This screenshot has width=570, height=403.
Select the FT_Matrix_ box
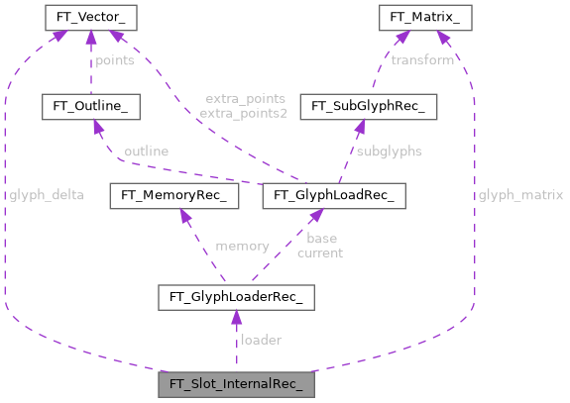coord(423,17)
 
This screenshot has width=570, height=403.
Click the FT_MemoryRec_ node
coord(175,195)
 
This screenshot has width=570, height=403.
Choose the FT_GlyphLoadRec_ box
coord(334,195)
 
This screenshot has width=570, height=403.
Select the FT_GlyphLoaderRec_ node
coord(237,296)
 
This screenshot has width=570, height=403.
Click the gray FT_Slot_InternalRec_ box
coord(237,383)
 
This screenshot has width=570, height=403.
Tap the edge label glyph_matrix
coord(520,195)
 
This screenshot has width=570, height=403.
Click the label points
coord(116,61)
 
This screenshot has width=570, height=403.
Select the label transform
coord(422,60)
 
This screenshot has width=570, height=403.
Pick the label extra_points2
coord(244,114)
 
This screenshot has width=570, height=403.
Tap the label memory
coord(242,246)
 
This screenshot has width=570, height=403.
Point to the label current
coord(320,252)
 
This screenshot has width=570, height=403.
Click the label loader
coord(262,340)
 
